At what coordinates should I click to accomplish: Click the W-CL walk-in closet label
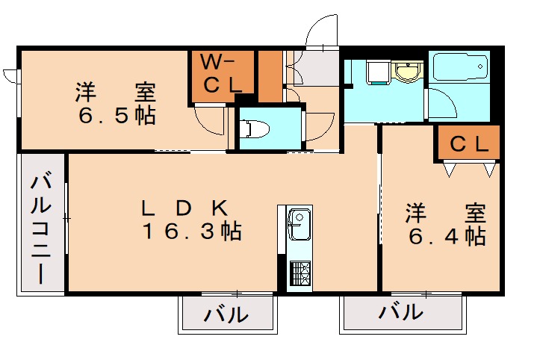pos(222,73)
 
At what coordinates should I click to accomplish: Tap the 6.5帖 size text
pos(115,117)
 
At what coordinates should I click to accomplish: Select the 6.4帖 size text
pos(447,237)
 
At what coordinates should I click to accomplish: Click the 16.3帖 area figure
pos(192,232)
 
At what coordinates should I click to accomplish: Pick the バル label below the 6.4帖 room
pos(400,312)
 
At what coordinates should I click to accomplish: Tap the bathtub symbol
pos(459,71)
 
